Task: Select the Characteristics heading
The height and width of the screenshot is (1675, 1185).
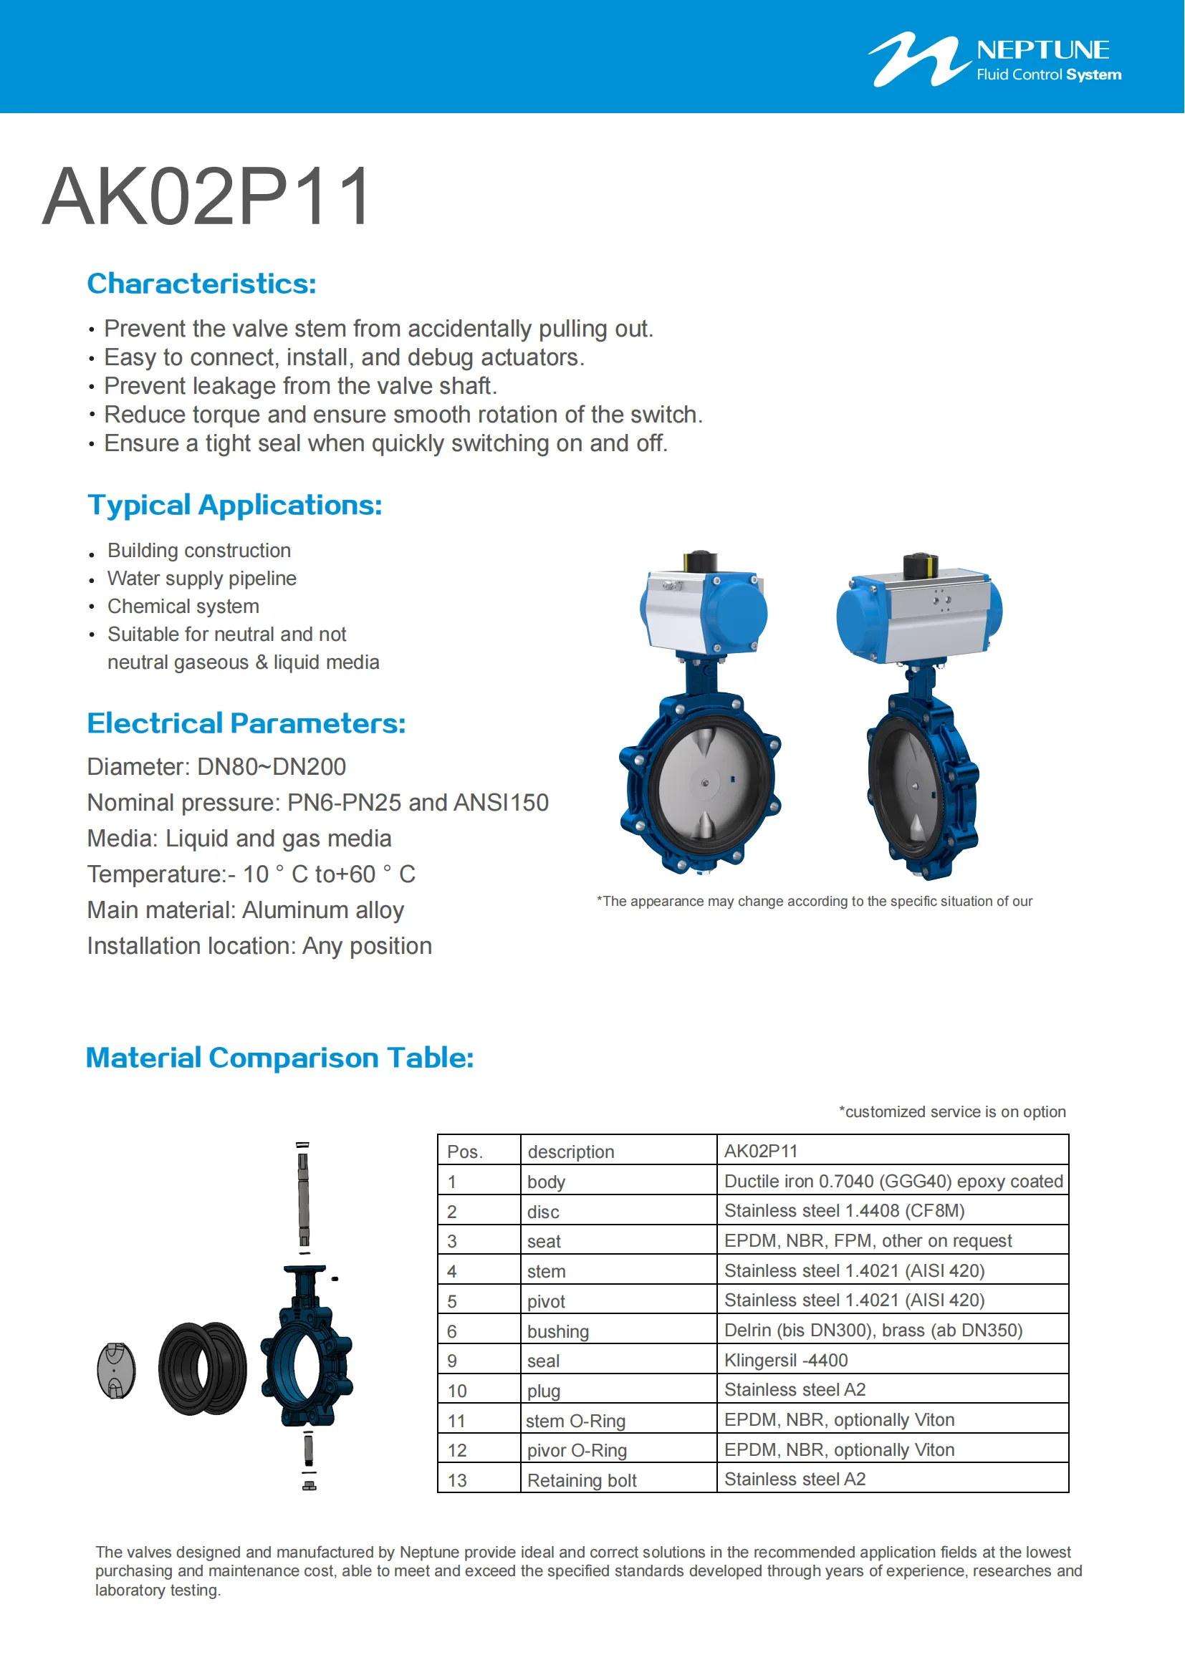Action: (x=201, y=284)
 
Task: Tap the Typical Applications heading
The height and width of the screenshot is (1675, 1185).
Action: (x=234, y=505)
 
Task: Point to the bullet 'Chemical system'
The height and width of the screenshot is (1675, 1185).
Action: (x=183, y=607)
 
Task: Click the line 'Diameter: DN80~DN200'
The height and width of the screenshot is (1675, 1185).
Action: (x=216, y=767)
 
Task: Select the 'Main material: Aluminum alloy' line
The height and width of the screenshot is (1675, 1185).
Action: (x=245, y=909)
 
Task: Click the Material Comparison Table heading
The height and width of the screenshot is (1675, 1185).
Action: (x=279, y=1058)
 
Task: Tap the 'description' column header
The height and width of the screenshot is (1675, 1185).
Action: (x=570, y=1152)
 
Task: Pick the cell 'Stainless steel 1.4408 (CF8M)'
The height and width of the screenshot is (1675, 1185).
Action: (x=844, y=1211)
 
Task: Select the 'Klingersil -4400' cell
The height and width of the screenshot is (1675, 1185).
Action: (x=786, y=1361)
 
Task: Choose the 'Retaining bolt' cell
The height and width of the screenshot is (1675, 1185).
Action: (x=582, y=1480)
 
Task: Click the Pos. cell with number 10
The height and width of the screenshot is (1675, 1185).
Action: (x=457, y=1391)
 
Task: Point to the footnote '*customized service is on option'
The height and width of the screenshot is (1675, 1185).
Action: (x=951, y=1112)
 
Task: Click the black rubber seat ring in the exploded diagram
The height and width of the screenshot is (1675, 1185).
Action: (x=202, y=1369)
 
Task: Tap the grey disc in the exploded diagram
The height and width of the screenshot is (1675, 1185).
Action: (x=116, y=1371)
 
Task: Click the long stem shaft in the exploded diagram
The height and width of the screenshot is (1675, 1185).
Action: (x=304, y=1197)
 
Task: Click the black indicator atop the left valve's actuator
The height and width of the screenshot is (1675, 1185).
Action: (x=701, y=561)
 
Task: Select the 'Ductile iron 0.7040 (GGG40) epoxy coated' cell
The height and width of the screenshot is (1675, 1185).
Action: (x=893, y=1181)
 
